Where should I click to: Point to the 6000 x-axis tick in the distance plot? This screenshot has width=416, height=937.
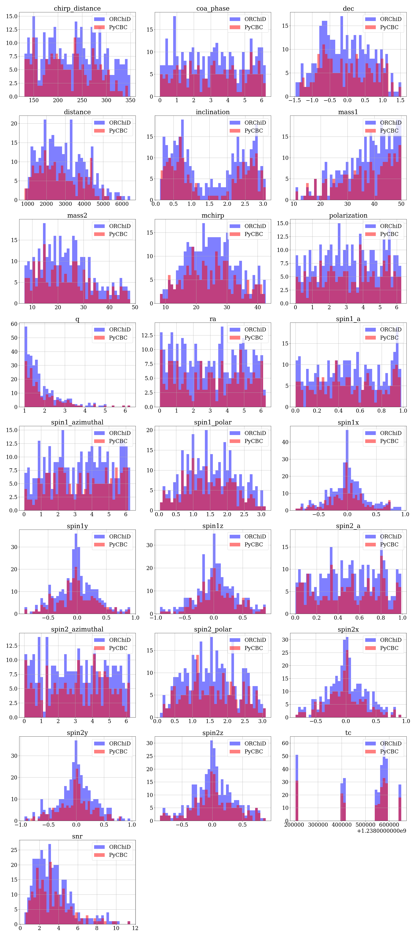(122, 204)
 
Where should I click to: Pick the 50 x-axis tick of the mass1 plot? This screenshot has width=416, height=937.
(401, 204)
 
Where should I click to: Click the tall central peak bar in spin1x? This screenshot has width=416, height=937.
(347, 470)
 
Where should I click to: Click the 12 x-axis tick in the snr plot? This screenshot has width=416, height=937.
(135, 928)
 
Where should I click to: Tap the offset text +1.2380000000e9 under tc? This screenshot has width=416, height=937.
(382, 831)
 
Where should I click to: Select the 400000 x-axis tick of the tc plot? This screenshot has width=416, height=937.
(341, 825)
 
